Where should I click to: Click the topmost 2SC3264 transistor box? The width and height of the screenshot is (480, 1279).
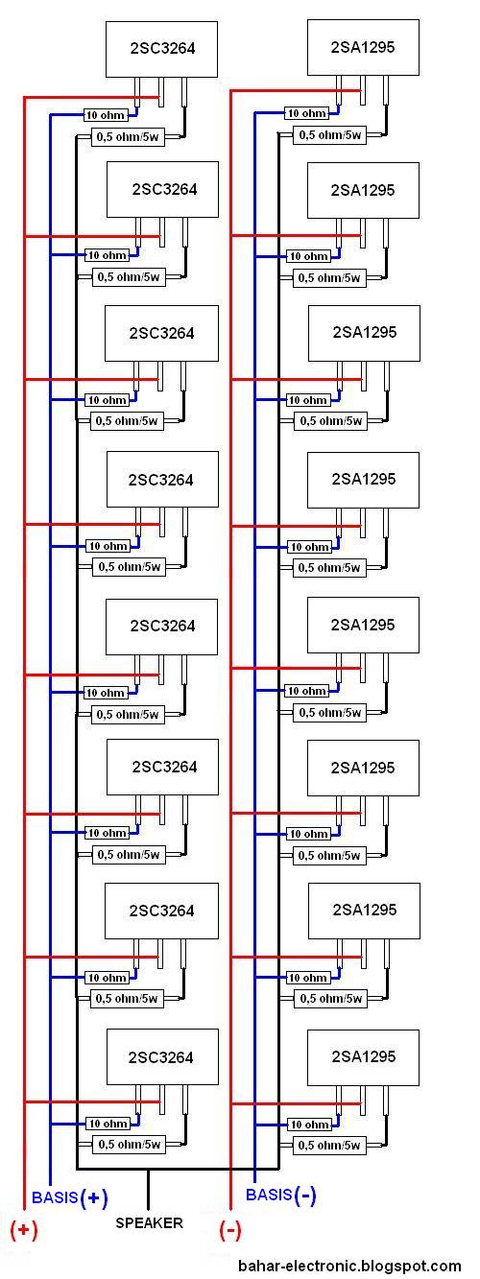(x=161, y=49)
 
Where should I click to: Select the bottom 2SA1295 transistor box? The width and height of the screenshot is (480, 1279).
(x=364, y=1057)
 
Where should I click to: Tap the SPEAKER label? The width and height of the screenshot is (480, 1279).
(x=149, y=1222)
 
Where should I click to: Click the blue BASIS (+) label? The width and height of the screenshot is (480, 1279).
(x=70, y=1197)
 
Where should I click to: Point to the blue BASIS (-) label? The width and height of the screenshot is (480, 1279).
(x=280, y=1194)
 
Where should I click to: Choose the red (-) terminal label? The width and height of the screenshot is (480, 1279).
(x=230, y=1229)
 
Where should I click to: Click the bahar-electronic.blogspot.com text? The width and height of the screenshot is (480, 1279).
(x=349, y=1266)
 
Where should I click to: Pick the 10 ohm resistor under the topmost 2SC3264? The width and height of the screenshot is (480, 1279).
(x=106, y=115)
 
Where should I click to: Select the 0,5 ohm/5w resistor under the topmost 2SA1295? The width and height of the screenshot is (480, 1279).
(x=329, y=135)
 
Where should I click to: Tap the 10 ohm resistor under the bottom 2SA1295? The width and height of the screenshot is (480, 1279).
(x=309, y=1125)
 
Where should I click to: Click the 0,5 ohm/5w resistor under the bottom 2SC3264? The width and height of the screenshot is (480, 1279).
(x=130, y=1145)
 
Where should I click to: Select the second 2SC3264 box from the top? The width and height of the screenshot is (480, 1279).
(x=163, y=190)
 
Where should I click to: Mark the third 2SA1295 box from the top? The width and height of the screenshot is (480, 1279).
(x=365, y=333)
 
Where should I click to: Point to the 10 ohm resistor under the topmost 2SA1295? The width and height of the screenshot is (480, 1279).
(x=307, y=113)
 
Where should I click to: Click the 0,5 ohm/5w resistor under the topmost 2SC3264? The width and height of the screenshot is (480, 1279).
(x=128, y=137)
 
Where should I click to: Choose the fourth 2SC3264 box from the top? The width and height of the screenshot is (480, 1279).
(x=163, y=480)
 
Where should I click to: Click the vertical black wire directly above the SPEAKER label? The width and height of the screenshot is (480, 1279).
(x=149, y=1190)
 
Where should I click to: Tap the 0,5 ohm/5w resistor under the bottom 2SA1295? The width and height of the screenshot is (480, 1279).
(x=329, y=1146)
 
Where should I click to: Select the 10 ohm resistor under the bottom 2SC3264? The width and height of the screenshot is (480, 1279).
(x=108, y=1124)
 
